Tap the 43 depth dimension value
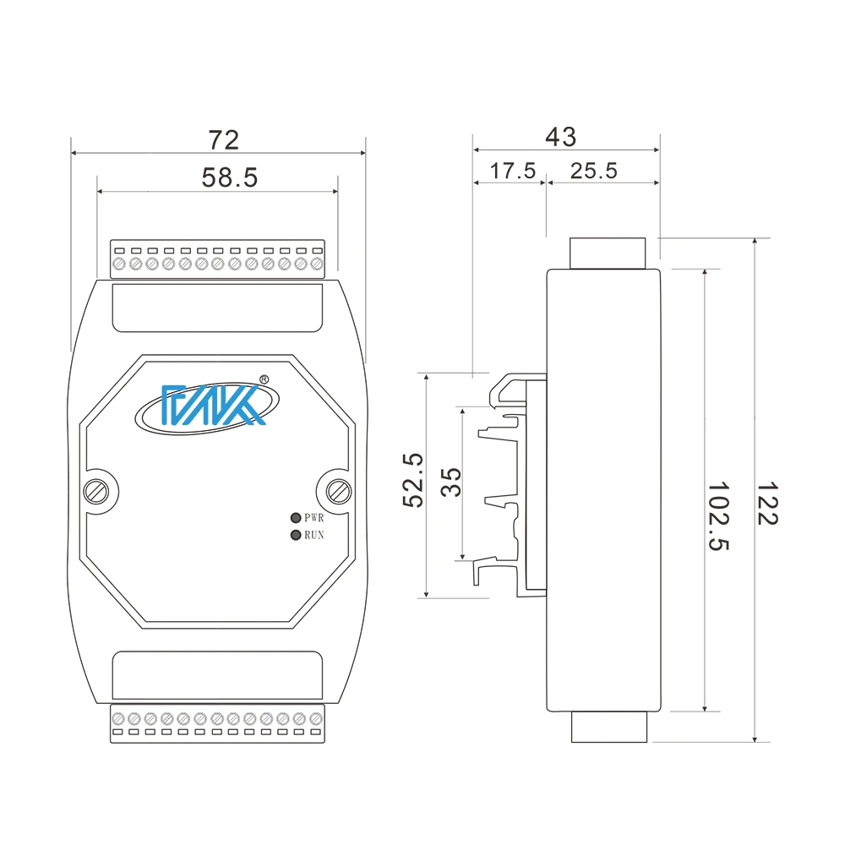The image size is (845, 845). (x=560, y=137)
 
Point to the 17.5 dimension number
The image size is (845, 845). (x=513, y=171)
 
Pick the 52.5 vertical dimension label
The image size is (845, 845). (x=412, y=479)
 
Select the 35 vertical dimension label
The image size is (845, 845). (x=452, y=482)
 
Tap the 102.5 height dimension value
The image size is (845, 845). (x=718, y=516)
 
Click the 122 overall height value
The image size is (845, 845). (x=766, y=504)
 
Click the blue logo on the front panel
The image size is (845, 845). (x=204, y=406)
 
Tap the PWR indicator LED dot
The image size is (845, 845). (x=295, y=518)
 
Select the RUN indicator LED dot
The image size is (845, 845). (x=295, y=535)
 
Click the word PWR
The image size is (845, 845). (x=314, y=518)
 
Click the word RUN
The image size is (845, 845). (x=314, y=535)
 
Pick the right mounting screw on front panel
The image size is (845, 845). (x=339, y=490)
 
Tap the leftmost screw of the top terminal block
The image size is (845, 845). (x=119, y=265)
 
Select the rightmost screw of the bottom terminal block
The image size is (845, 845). (x=315, y=719)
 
